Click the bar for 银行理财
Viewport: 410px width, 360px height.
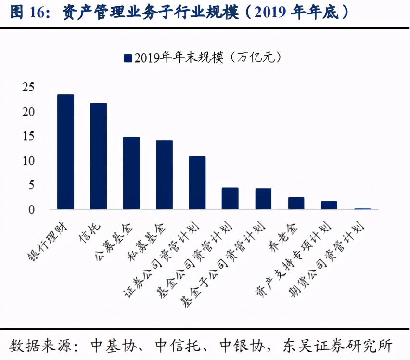[65, 152]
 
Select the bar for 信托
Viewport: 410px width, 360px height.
[98, 156]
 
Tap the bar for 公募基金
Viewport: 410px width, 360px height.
[131, 173]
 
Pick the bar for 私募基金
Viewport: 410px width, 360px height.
[164, 175]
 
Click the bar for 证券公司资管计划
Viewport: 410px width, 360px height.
[197, 183]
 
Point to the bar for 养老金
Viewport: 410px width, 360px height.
[296, 203]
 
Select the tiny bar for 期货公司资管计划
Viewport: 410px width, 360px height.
[362, 209]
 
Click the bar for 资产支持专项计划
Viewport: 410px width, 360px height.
[329, 205]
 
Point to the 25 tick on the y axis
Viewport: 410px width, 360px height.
[28, 87]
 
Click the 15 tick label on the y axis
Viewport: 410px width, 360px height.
[28, 136]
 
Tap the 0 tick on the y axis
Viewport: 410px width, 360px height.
[31, 209]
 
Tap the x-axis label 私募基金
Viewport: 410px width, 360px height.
[150, 241]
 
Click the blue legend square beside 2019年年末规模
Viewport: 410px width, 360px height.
[128, 58]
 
